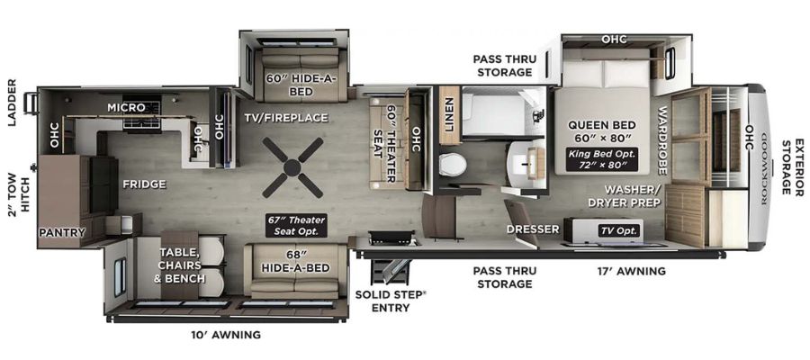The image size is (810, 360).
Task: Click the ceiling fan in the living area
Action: pos(292,167)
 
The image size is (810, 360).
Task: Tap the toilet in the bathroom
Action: pos(453,165)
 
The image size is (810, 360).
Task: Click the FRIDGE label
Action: pos(144,184)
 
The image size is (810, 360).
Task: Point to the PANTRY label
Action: pos(62,233)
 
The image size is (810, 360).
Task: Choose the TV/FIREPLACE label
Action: pos(285,118)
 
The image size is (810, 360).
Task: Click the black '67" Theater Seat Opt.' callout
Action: pos(296,226)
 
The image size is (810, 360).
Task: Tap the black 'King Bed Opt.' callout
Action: pos(601,159)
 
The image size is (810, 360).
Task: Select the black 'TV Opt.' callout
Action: pos(619,231)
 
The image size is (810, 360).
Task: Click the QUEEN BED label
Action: pos(601,125)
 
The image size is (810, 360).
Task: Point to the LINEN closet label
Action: pos(448,114)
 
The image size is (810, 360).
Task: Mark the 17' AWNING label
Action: pos(630,271)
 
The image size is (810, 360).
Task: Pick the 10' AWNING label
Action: pos(225,335)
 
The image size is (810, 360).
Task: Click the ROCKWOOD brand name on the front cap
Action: pos(764,169)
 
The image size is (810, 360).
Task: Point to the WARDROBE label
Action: pos(662,140)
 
